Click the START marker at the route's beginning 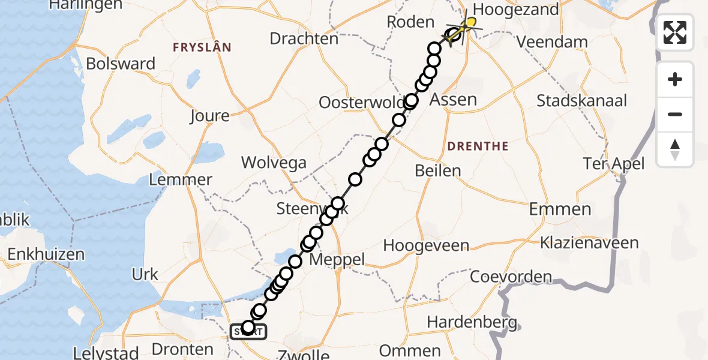click(x=247, y=330)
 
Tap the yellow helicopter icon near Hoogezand click(x=469, y=25)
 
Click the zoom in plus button click(x=675, y=79)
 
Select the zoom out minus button click(x=675, y=114)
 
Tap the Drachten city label click(x=304, y=39)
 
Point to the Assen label click(x=454, y=100)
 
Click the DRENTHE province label click(x=478, y=146)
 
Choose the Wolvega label click(x=274, y=163)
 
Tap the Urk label click(x=145, y=275)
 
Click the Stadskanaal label click(x=581, y=100)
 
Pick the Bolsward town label click(x=121, y=64)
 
